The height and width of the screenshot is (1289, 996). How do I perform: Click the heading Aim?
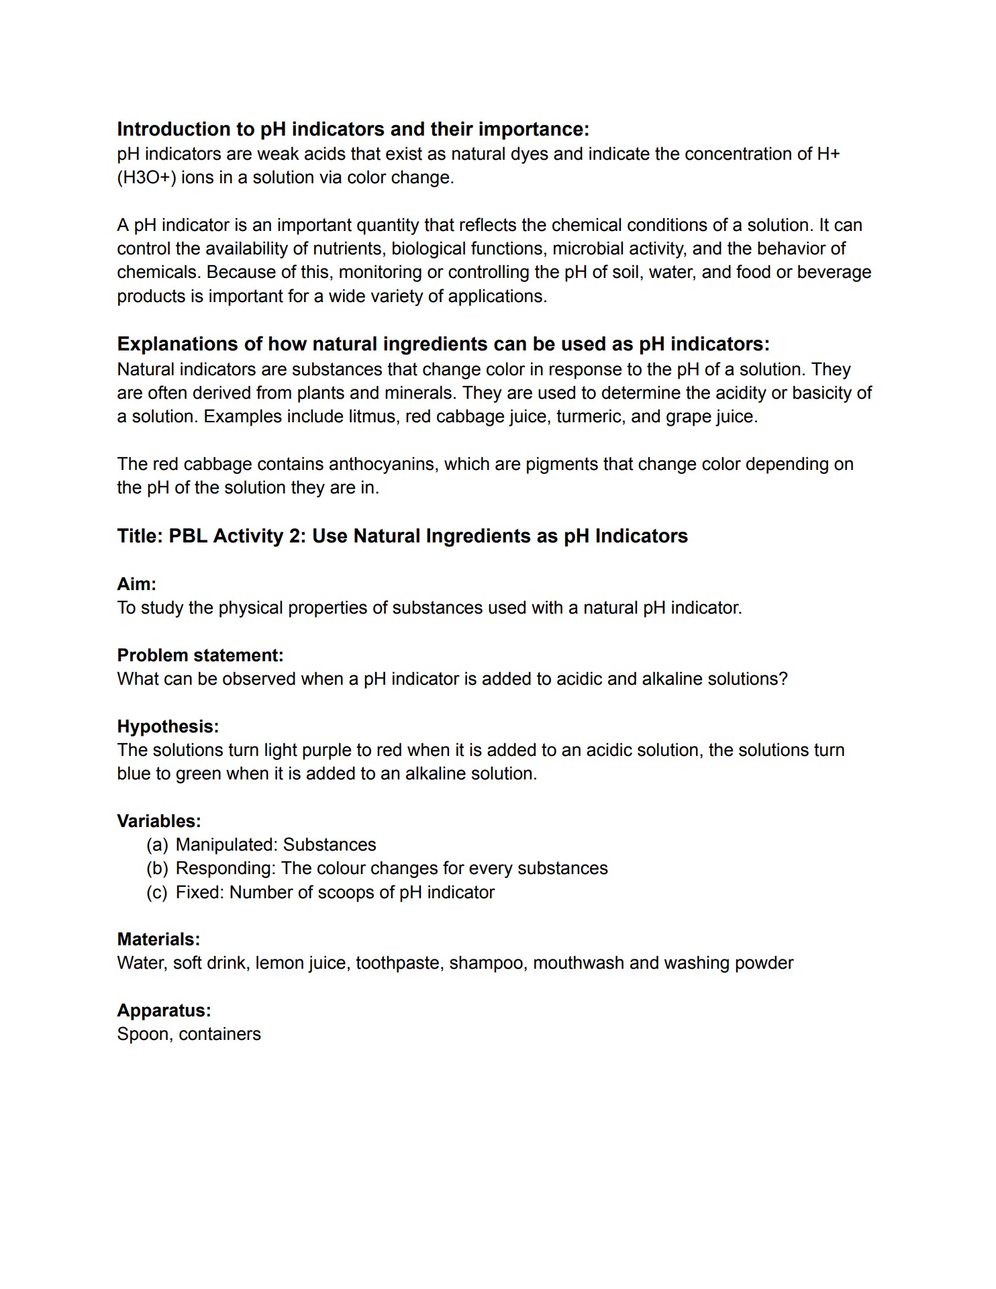(136, 583)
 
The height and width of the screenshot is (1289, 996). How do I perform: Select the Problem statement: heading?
(200, 655)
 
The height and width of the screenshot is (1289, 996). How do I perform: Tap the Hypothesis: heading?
(168, 726)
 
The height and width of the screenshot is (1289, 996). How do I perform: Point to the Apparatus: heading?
(164, 1010)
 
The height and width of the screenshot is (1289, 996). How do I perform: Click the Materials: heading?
(158, 939)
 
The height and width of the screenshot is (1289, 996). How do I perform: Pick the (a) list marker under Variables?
(157, 845)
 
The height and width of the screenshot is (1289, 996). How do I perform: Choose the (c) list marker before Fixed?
(157, 892)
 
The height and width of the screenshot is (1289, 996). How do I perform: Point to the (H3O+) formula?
(146, 178)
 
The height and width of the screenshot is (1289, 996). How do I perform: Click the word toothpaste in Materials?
(399, 963)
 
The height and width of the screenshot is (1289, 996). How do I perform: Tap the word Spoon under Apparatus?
(143, 1034)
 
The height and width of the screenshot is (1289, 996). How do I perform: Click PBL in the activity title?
(188, 536)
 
